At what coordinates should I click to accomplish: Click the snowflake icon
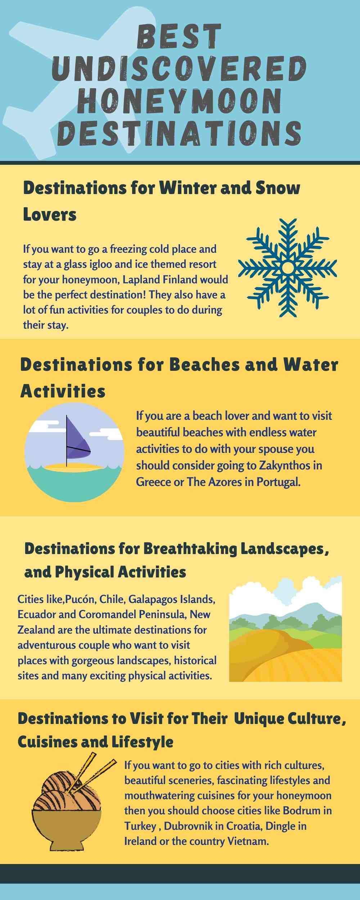pyautogui.click(x=288, y=267)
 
